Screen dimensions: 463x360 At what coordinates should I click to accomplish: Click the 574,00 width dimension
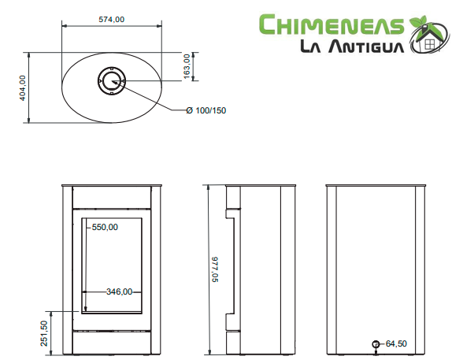111,20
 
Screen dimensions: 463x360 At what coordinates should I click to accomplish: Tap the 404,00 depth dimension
22,87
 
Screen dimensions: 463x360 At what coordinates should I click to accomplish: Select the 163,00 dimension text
187,66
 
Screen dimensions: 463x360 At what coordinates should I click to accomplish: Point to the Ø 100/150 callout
206,110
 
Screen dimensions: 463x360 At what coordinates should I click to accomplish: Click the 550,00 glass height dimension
105,227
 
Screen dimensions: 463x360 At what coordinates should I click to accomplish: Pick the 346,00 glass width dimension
120,291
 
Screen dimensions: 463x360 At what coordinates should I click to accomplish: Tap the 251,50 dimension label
44,333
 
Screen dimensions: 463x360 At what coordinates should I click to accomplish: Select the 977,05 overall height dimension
215,269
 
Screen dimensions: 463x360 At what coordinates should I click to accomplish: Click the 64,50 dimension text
396,343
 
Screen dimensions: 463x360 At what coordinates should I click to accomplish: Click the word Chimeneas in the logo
332,24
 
